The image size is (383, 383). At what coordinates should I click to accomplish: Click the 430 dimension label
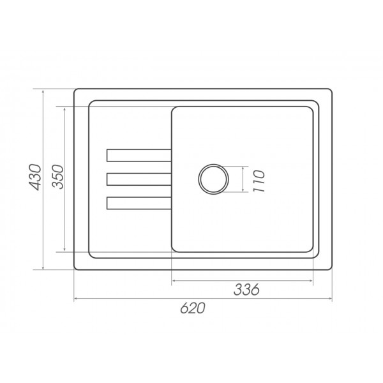35,177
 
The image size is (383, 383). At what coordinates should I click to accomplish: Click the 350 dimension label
58,177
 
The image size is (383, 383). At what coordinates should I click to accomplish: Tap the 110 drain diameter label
259,181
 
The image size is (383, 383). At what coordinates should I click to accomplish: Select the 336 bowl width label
246,290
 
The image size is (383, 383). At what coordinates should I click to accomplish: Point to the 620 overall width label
193,308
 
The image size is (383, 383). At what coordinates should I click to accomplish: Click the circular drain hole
213,179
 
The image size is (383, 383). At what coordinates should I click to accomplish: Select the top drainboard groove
139,155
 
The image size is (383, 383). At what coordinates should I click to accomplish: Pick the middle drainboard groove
139,179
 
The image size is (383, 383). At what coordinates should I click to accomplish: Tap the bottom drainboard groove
139,203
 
